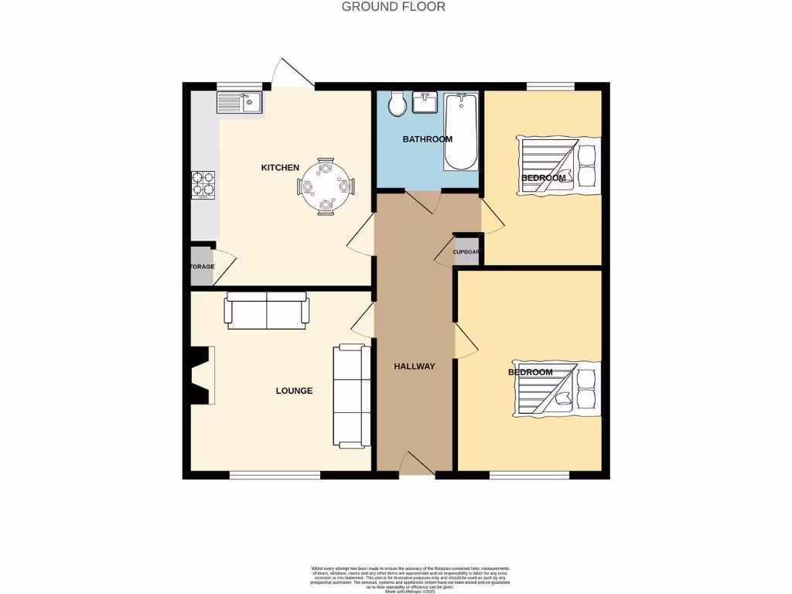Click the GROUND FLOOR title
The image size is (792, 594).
(x=394, y=7)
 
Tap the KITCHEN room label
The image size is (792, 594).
(x=280, y=168)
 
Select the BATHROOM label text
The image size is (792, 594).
(x=427, y=139)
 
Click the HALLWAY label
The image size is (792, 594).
(x=414, y=367)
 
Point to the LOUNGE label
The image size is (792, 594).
(x=294, y=391)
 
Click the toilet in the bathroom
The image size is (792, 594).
(x=397, y=104)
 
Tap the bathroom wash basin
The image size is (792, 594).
(x=426, y=102)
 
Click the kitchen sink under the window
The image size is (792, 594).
(x=240, y=102)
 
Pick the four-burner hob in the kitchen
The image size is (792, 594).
(x=203, y=184)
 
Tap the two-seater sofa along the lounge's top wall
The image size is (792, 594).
(x=267, y=309)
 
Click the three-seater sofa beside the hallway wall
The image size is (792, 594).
(x=350, y=397)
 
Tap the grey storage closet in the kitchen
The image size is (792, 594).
(x=200, y=266)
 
